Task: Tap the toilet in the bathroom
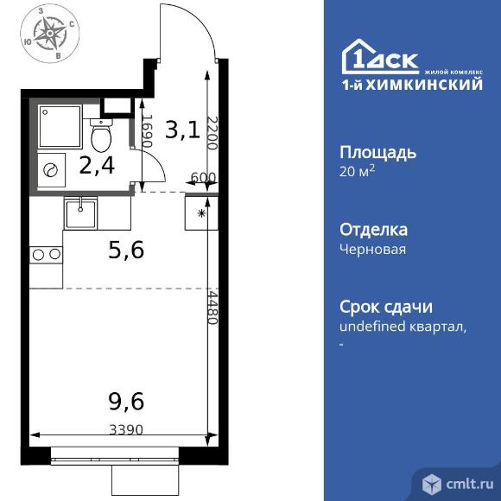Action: point(101,134)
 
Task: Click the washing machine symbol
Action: point(52,170)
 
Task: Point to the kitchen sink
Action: point(82,211)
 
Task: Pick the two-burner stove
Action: point(46,255)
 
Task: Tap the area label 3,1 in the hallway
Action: point(182,130)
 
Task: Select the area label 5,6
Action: point(126,250)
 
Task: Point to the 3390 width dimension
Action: point(126,428)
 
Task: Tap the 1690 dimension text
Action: point(147,132)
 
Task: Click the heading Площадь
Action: point(378,153)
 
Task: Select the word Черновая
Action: point(373,249)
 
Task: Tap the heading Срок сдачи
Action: point(386,307)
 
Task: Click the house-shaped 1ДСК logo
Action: point(381,58)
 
